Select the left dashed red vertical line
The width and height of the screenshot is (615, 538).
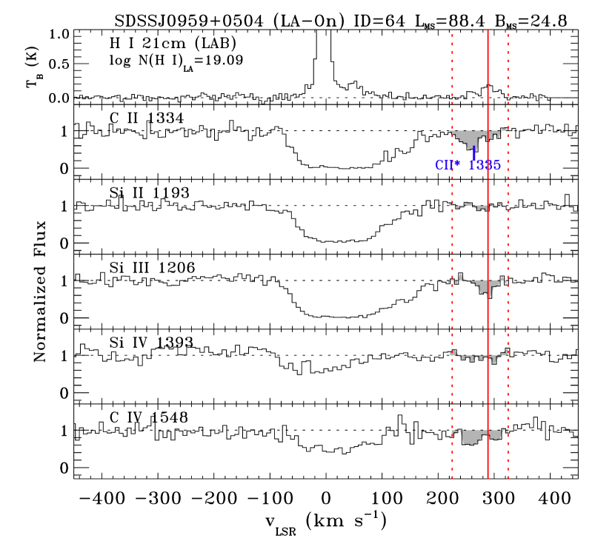(452, 244)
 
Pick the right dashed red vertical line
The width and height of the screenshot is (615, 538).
(508, 244)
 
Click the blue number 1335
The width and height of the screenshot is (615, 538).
(485, 166)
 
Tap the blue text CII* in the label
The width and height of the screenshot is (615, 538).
(447, 166)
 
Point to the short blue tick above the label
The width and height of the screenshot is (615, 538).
(473, 152)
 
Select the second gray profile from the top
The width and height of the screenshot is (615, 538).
(478, 206)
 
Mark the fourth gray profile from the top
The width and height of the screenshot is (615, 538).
(478, 357)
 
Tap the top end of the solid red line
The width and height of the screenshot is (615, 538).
(488, 31)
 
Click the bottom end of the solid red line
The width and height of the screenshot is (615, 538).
(488, 478)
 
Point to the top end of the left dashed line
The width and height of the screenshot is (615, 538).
(452, 34)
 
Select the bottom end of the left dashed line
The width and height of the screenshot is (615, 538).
(452, 478)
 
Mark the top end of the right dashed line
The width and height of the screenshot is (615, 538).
(508, 34)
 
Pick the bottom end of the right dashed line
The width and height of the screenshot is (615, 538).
(508, 478)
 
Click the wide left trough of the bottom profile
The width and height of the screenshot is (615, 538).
(471, 437)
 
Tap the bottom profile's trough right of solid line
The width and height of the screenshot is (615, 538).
(495, 435)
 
